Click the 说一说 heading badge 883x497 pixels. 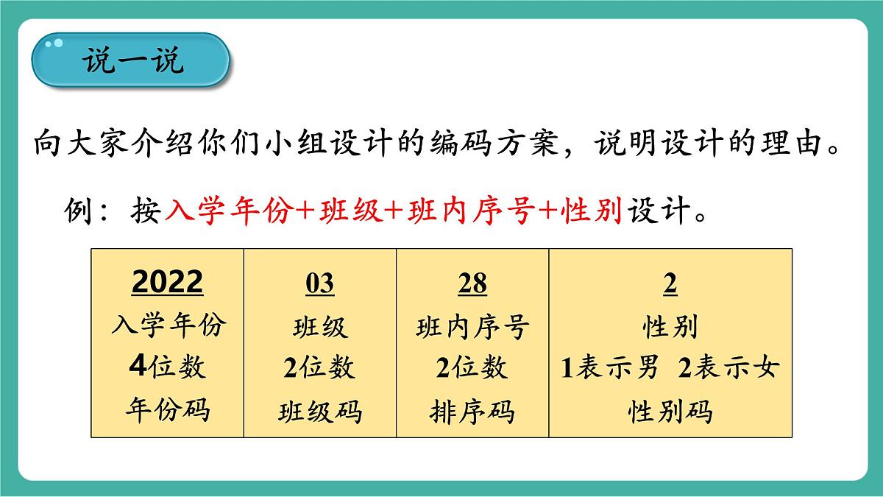(x=131, y=60)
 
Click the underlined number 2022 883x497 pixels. (x=167, y=283)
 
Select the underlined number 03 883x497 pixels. (x=319, y=283)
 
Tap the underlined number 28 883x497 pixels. (x=472, y=283)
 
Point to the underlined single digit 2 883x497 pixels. (x=670, y=283)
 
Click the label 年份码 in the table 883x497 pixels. (x=167, y=409)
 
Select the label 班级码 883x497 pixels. (x=319, y=412)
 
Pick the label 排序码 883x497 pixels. (x=472, y=412)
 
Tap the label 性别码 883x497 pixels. (x=670, y=412)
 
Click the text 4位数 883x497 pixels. (x=167, y=367)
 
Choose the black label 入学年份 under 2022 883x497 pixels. (x=167, y=325)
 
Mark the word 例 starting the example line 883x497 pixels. (x=77, y=212)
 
